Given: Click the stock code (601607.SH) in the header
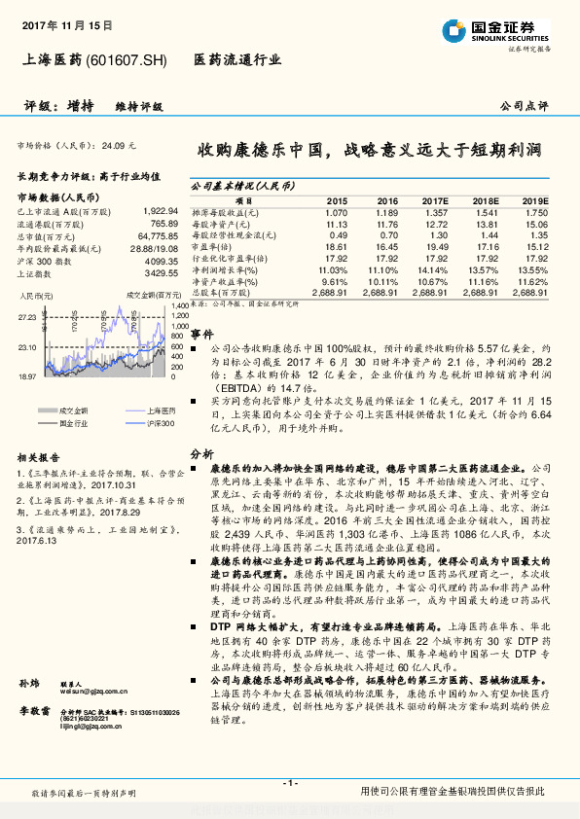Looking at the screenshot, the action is click(127, 59).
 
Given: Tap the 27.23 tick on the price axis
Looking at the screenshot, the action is click(26, 318).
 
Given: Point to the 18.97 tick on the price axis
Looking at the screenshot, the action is click(26, 375).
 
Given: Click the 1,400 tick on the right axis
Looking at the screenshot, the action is click(179, 306).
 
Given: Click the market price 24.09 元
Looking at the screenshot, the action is click(119, 145).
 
